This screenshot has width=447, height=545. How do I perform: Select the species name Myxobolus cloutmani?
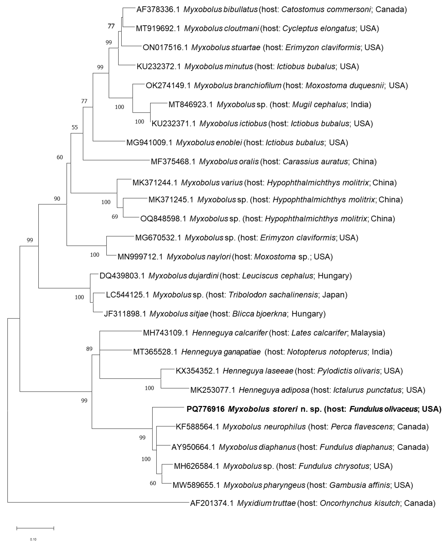(221, 29)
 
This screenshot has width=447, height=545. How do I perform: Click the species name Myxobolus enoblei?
(209, 143)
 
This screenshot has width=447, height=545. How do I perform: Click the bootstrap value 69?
(115, 217)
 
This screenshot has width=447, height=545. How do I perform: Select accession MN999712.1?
(140, 257)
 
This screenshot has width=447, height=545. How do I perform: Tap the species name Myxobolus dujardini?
(183, 276)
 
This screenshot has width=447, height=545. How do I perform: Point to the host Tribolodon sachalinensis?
(273, 295)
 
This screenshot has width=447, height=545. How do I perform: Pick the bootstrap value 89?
(89, 349)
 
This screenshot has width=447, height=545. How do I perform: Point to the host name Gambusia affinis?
(359, 485)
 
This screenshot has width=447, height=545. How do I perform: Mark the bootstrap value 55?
(75, 127)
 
